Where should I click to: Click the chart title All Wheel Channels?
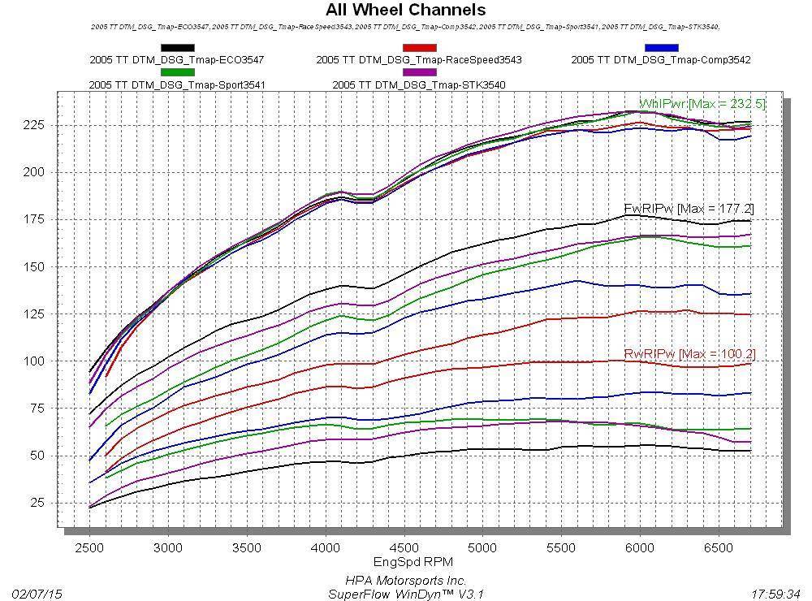coord(405,11)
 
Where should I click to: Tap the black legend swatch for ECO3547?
coord(177,48)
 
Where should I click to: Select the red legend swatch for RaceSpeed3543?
coord(419,48)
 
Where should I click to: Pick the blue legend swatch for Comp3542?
coord(661,48)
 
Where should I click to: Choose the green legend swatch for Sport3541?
coord(177,72)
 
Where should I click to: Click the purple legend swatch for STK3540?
coord(419,72)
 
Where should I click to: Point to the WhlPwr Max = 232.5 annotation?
coord(702,104)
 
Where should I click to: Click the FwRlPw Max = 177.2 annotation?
coord(689,210)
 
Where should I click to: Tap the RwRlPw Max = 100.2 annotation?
coord(689,354)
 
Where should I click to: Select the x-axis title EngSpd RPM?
coord(412,562)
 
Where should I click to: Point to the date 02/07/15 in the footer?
coord(37,594)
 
